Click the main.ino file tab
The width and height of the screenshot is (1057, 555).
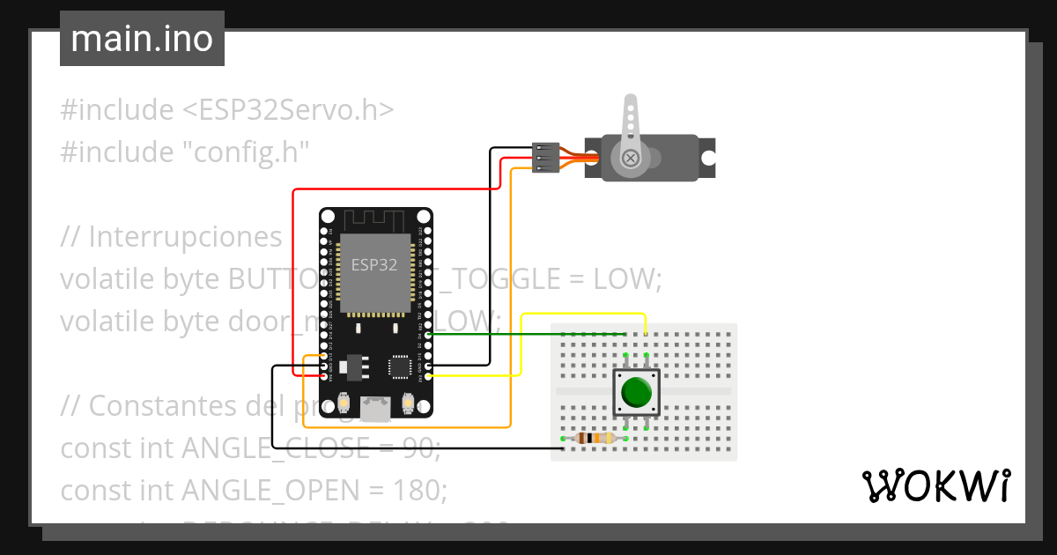pos(142,39)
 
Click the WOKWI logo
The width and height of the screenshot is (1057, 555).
pos(935,485)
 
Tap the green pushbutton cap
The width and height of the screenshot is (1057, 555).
pos(636,392)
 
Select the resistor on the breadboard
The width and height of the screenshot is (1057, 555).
pos(595,438)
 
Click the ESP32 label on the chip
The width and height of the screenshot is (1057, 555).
pos(373,264)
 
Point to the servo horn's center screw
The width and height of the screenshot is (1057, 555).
pos(631,158)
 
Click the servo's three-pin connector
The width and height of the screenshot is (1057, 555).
pos(546,158)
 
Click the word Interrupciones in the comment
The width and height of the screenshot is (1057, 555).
pos(185,237)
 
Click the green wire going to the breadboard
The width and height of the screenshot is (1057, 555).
pos(528,334)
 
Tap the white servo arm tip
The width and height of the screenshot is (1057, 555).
pos(631,103)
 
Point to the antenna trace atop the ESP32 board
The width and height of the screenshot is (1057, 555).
pos(375,218)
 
